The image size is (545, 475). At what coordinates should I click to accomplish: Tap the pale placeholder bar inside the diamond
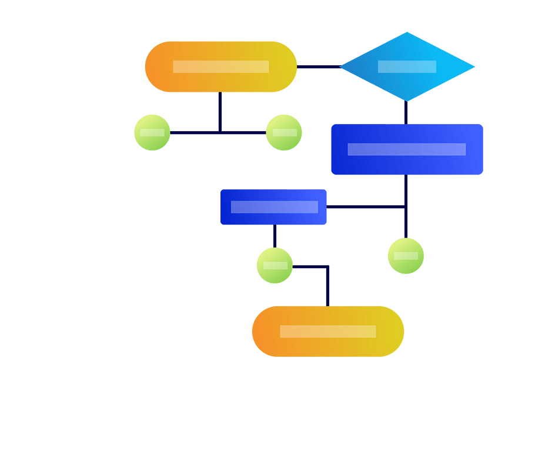[x=407, y=66]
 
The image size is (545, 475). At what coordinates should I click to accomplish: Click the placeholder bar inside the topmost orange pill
[x=220, y=66]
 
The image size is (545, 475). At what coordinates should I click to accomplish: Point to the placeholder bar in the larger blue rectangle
[x=407, y=149]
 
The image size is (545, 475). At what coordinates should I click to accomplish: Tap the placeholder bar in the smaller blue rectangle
[x=274, y=207]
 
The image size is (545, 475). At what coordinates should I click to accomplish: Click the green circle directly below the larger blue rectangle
[x=406, y=256]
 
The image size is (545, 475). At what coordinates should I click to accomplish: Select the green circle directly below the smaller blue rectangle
[x=275, y=265]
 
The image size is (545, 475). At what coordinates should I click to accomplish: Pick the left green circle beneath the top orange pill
[x=152, y=132]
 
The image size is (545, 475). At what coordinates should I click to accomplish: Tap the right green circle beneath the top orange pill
[x=284, y=132]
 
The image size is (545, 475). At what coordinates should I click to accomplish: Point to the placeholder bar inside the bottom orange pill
[x=328, y=332]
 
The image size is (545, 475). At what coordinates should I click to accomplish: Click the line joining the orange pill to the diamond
[x=318, y=67]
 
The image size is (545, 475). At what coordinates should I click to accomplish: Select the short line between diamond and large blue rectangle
[x=406, y=112]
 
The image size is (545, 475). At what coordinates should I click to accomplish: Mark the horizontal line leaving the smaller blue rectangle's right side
[x=365, y=207]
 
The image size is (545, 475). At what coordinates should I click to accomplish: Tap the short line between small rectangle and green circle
[x=275, y=236]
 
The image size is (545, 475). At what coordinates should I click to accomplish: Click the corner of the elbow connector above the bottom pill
[x=327, y=267]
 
